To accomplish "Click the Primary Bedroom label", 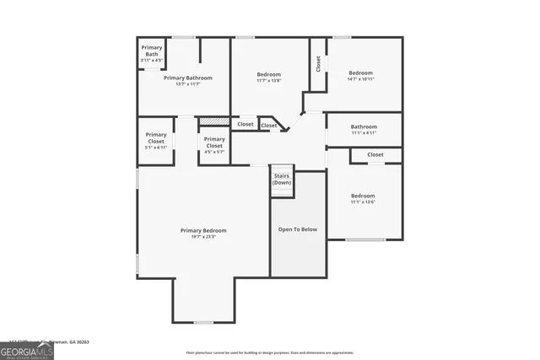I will [x=202, y=230].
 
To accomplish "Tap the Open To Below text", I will [x=298, y=228].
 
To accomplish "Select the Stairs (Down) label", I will [x=282, y=180].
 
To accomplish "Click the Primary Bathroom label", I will [x=187, y=78].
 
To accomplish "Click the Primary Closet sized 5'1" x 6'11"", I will [x=156, y=140].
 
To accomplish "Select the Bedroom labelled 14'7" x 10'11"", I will [x=361, y=76].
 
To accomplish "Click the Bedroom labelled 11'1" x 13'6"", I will [x=363, y=199].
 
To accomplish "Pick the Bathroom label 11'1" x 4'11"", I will [x=364, y=129].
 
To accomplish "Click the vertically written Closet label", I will [x=318, y=63].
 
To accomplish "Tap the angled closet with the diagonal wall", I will [x=270, y=125].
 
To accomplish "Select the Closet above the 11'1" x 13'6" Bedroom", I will [x=375, y=154].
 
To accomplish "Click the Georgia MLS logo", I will [x=27, y=350].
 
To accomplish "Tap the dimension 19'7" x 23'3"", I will [x=202, y=237].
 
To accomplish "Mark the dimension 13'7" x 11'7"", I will [x=187, y=84].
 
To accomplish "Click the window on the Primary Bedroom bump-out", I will [x=203, y=322].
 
